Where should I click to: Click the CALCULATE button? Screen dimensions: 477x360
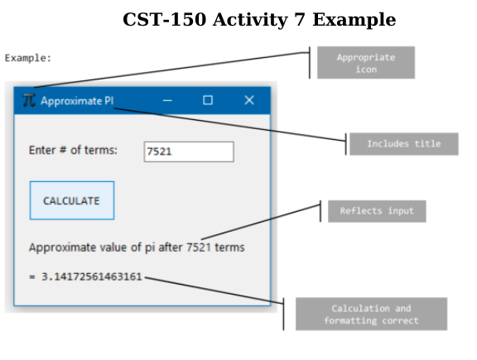point(72,200)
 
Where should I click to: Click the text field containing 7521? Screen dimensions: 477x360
point(189,151)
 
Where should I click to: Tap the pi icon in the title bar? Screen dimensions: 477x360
point(29,100)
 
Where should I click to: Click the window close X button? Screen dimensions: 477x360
point(249,100)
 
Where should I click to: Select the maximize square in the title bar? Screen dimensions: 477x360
point(208,100)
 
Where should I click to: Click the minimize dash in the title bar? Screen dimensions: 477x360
point(167,100)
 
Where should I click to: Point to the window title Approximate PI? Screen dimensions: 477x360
point(77,101)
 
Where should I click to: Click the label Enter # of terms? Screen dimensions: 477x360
point(73,150)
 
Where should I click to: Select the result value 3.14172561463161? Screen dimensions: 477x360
point(92,276)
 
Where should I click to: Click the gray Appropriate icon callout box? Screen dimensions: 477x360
point(366,63)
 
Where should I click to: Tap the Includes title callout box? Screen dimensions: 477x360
point(403,144)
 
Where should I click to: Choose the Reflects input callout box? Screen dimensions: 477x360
point(377,211)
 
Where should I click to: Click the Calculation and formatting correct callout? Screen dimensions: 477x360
point(372,314)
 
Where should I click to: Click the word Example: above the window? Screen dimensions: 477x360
point(28,58)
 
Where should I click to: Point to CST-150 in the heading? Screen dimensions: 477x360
point(165,20)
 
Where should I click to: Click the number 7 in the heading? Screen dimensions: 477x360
point(299,20)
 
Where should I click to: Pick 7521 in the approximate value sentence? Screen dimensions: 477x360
point(199,247)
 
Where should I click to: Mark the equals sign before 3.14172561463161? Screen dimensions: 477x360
point(32,276)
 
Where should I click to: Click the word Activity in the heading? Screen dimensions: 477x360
point(250,21)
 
